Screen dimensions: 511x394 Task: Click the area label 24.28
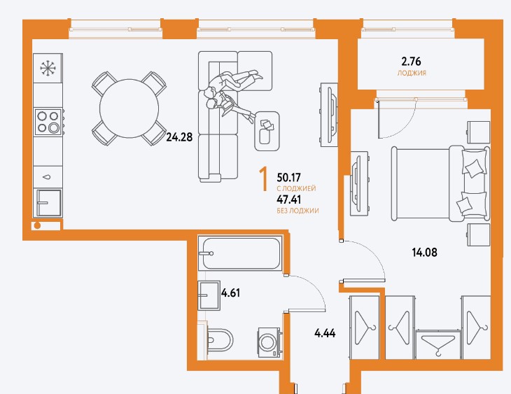pyautogui.click(x=179, y=137)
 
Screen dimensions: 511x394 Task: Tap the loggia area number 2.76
pyautogui.click(x=412, y=62)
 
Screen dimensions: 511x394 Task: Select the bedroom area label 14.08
pyautogui.click(x=424, y=252)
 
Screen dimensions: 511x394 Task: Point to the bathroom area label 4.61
pyautogui.click(x=231, y=293)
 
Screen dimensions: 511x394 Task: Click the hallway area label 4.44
pyautogui.click(x=325, y=333)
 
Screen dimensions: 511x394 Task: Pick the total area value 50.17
pyautogui.click(x=288, y=178)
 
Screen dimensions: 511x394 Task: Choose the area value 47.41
pyautogui.click(x=288, y=199)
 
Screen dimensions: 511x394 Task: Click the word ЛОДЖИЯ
pyautogui.click(x=412, y=73)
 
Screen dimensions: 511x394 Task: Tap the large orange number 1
pyautogui.click(x=264, y=178)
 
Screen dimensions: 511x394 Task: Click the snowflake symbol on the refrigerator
pyautogui.click(x=48, y=69)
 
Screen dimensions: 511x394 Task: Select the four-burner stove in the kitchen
pyautogui.click(x=48, y=122)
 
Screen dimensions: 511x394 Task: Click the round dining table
pyautogui.click(x=129, y=108)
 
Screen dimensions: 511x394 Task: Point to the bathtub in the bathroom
pyautogui.click(x=240, y=253)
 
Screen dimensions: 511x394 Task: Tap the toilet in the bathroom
pyautogui.click(x=219, y=339)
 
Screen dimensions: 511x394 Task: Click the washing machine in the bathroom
pyautogui.click(x=269, y=342)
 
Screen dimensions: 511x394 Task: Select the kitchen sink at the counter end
pyautogui.click(x=48, y=203)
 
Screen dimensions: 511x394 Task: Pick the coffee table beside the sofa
pyautogui.click(x=267, y=131)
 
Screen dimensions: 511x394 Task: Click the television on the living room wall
pyautogui.click(x=328, y=115)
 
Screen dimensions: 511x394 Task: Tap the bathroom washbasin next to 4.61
pyautogui.click(x=209, y=295)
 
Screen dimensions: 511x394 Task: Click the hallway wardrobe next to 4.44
pyautogui.click(x=365, y=328)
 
